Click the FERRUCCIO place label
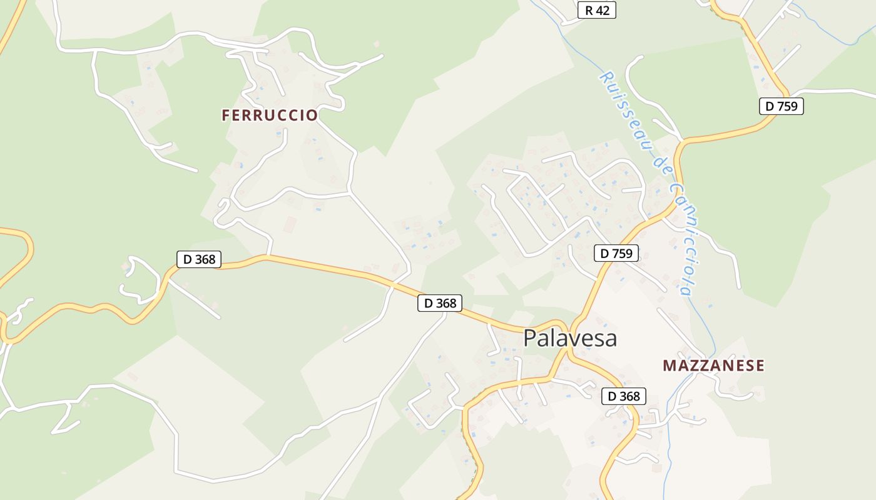[x=270, y=116]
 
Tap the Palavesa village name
[x=570, y=338]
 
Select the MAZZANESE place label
[x=713, y=366]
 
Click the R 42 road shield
[x=597, y=10]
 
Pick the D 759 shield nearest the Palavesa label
[x=616, y=253]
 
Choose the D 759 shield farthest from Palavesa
[x=782, y=106]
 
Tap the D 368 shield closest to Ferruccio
[x=199, y=259]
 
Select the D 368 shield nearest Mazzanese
[x=624, y=396]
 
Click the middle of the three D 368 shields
[x=440, y=303]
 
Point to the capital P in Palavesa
[x=530, y=338]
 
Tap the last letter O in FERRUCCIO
[x=312, y=116]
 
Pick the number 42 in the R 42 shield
[x=603, y=10]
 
